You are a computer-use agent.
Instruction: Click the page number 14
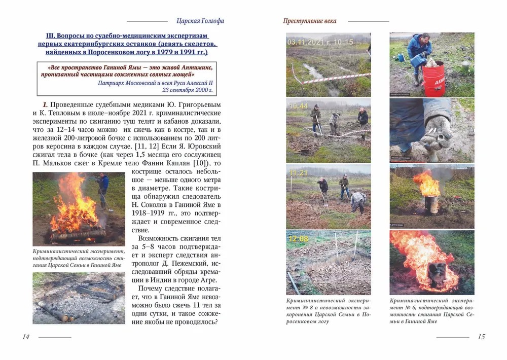pos(26,337)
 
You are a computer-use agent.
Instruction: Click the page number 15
pos(481,337)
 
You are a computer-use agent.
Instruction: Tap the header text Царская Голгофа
pos(200,21)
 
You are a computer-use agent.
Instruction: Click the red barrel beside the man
pos(433,78)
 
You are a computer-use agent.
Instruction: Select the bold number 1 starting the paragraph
pos(45,104)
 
